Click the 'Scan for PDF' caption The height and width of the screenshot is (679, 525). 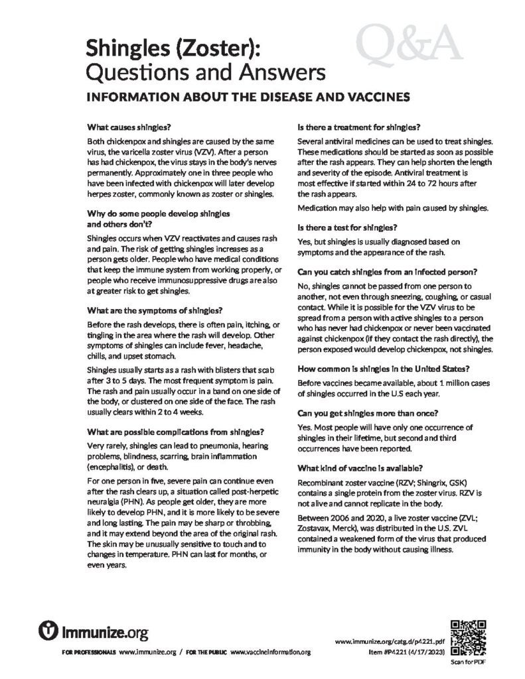468,662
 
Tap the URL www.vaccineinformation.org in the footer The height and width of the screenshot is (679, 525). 271,652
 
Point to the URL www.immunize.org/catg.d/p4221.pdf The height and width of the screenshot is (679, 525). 390,642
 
